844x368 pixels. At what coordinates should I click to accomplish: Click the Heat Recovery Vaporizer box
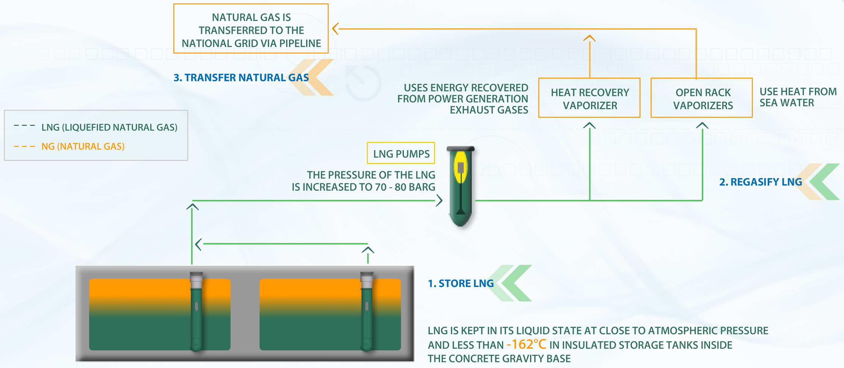[589, 98]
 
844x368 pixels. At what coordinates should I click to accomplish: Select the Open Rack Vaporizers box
[702, 98]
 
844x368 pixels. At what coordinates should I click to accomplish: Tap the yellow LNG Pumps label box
[401, 153]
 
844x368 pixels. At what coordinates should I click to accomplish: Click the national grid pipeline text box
[251, 29]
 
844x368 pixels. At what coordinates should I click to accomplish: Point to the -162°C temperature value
[526, 345]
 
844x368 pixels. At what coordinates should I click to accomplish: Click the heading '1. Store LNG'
[461, 283]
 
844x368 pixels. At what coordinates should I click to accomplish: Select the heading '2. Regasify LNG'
[761, 182]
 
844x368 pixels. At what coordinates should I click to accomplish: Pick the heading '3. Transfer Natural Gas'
[241, 78]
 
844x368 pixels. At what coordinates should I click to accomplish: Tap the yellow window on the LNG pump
[461, 167]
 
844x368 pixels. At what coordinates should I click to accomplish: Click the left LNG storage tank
[160, 315]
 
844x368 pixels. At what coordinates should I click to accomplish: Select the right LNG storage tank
[330, 315]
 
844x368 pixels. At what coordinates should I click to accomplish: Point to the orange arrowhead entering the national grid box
[335, 29]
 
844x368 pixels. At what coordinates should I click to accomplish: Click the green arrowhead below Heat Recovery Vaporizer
[589, 125]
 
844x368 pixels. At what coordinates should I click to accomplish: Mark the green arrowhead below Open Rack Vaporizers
[702, 125]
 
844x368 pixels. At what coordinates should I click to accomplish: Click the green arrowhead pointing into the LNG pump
[439, 200]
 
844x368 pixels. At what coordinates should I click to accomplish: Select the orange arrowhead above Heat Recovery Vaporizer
[589, 38]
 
